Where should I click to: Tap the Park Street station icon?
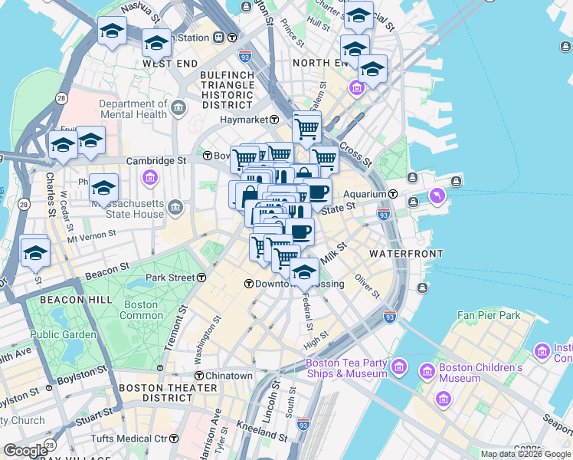(x=201, y=278)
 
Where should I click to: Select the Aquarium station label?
(x=365, y=194)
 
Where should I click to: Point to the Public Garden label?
(x=64, y=334)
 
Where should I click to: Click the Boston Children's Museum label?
(x=480, y=373)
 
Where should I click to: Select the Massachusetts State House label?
(x=128, y=209)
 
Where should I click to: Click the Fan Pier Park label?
(x=489, y=315)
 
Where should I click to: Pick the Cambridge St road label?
(x=156, y=161)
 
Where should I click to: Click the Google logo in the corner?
(x=25, y=451)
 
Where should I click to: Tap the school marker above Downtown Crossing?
(x=304, y=272)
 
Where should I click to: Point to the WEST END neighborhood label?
(x=167, y=64)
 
